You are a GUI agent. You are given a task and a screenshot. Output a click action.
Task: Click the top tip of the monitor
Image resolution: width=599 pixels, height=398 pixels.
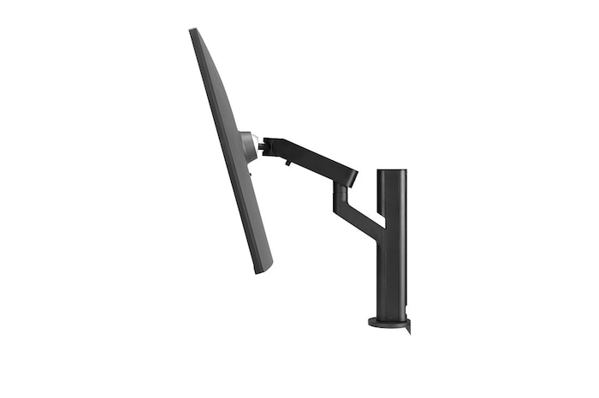(193, 31)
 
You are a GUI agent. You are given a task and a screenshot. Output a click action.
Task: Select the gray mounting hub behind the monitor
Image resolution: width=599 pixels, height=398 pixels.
(246, 146)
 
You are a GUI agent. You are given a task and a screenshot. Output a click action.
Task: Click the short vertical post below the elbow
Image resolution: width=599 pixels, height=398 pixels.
(338, 198)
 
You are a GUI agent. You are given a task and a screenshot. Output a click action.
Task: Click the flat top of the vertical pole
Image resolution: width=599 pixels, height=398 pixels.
(392, 170)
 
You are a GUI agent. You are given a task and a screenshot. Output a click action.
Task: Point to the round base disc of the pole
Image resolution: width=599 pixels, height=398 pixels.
(388, 323)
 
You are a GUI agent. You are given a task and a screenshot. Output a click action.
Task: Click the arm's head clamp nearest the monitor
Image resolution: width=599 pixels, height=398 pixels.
(269, 146)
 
